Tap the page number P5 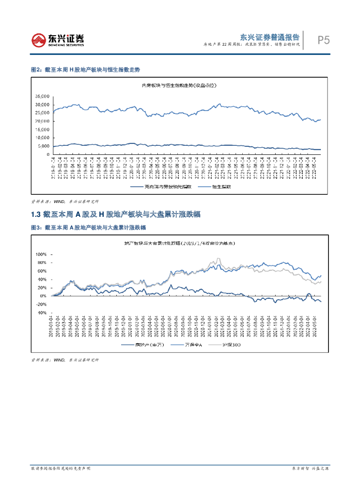coord(324,41)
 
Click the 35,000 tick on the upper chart coord(42,96)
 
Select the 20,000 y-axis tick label coord(42,122)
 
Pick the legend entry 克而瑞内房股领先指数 coord(170,187)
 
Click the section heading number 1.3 coord(36,215)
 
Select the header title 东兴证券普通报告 coord(269,37)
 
